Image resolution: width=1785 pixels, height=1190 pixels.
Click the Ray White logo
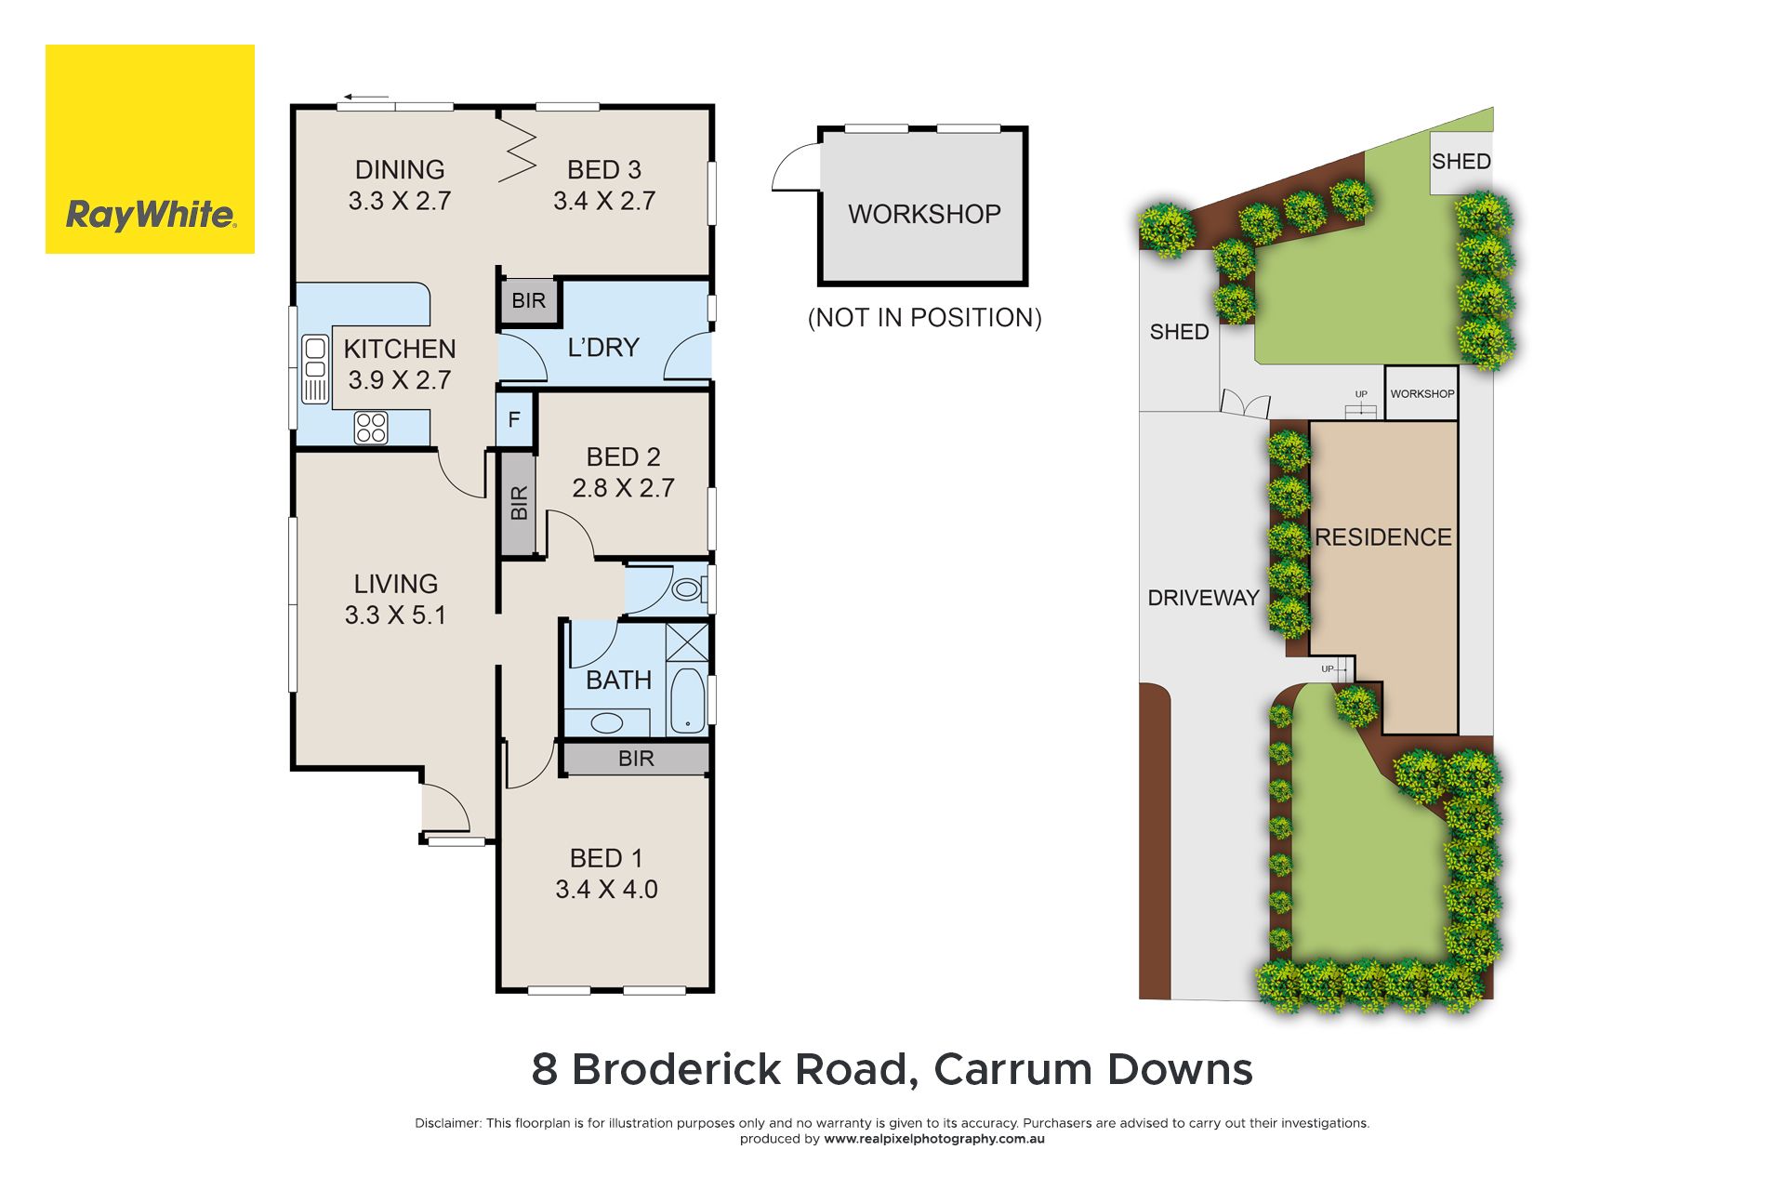(x=150, y=149)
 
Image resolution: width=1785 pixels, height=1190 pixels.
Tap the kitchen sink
(x=315, y=369)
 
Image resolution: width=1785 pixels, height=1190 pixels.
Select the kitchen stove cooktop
(x=371, y=428)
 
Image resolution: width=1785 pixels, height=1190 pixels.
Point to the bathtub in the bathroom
(x=688, y=700)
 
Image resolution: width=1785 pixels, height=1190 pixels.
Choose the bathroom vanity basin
(x=607, y=722)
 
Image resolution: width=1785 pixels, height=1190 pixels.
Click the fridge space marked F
(x=514, y=420)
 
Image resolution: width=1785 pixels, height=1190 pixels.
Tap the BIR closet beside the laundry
(x=528, y=300)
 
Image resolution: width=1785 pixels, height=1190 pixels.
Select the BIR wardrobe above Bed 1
(x=636, y=759)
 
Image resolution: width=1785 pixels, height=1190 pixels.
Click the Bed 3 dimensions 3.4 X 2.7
(x=604, y=201)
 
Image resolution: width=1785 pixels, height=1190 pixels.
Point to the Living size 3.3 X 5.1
(x=395, y=615)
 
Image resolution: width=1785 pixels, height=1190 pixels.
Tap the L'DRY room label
(x=603, y=348)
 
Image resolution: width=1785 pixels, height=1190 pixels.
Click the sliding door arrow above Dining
(x=365, y=96)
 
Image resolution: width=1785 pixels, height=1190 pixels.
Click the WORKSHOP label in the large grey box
(x=924, y=214)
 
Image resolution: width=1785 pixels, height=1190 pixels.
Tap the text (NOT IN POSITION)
(x=925, y=318)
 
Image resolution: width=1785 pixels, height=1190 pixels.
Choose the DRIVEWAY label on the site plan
(x=1203, y=598)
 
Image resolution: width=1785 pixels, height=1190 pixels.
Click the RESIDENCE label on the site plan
(x=1383, y=537)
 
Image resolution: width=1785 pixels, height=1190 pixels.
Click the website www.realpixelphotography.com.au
(x=934, y=1139)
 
